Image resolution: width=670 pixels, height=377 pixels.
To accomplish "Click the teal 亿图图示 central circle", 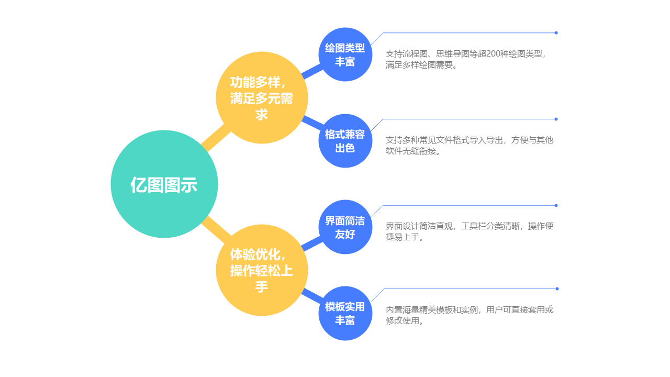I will pos(164,184).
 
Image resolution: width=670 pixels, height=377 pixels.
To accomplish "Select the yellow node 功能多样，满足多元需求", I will pos(262,98).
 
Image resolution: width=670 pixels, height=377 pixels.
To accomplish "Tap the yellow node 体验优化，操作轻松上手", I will pos(262,270).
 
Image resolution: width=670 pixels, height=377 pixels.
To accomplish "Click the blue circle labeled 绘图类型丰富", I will pos(345,54).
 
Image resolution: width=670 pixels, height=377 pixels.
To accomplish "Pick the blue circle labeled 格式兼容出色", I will pos(345,141).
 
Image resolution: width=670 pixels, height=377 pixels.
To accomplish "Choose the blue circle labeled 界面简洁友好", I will pos(345,227).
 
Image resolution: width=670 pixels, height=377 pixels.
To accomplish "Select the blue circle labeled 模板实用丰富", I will pos(345,313).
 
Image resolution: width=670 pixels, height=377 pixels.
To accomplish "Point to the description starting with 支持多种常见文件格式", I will pos(469,146).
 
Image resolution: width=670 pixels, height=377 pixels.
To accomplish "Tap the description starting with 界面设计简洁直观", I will pos(469,231).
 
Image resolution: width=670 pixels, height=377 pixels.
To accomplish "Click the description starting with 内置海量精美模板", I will pos(469,315).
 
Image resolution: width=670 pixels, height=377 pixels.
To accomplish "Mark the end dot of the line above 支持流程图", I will pos(556,33).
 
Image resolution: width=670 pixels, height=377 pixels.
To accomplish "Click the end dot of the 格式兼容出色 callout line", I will pos(556,119).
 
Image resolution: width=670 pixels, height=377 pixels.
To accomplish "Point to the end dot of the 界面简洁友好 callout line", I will pos(556,205).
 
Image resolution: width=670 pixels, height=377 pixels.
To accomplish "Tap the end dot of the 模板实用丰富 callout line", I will pos(556,289).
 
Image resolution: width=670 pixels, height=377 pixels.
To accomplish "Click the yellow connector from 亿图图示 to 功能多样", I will pos(216,139).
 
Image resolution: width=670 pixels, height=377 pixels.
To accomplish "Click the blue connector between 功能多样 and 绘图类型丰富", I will pos(312,72).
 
